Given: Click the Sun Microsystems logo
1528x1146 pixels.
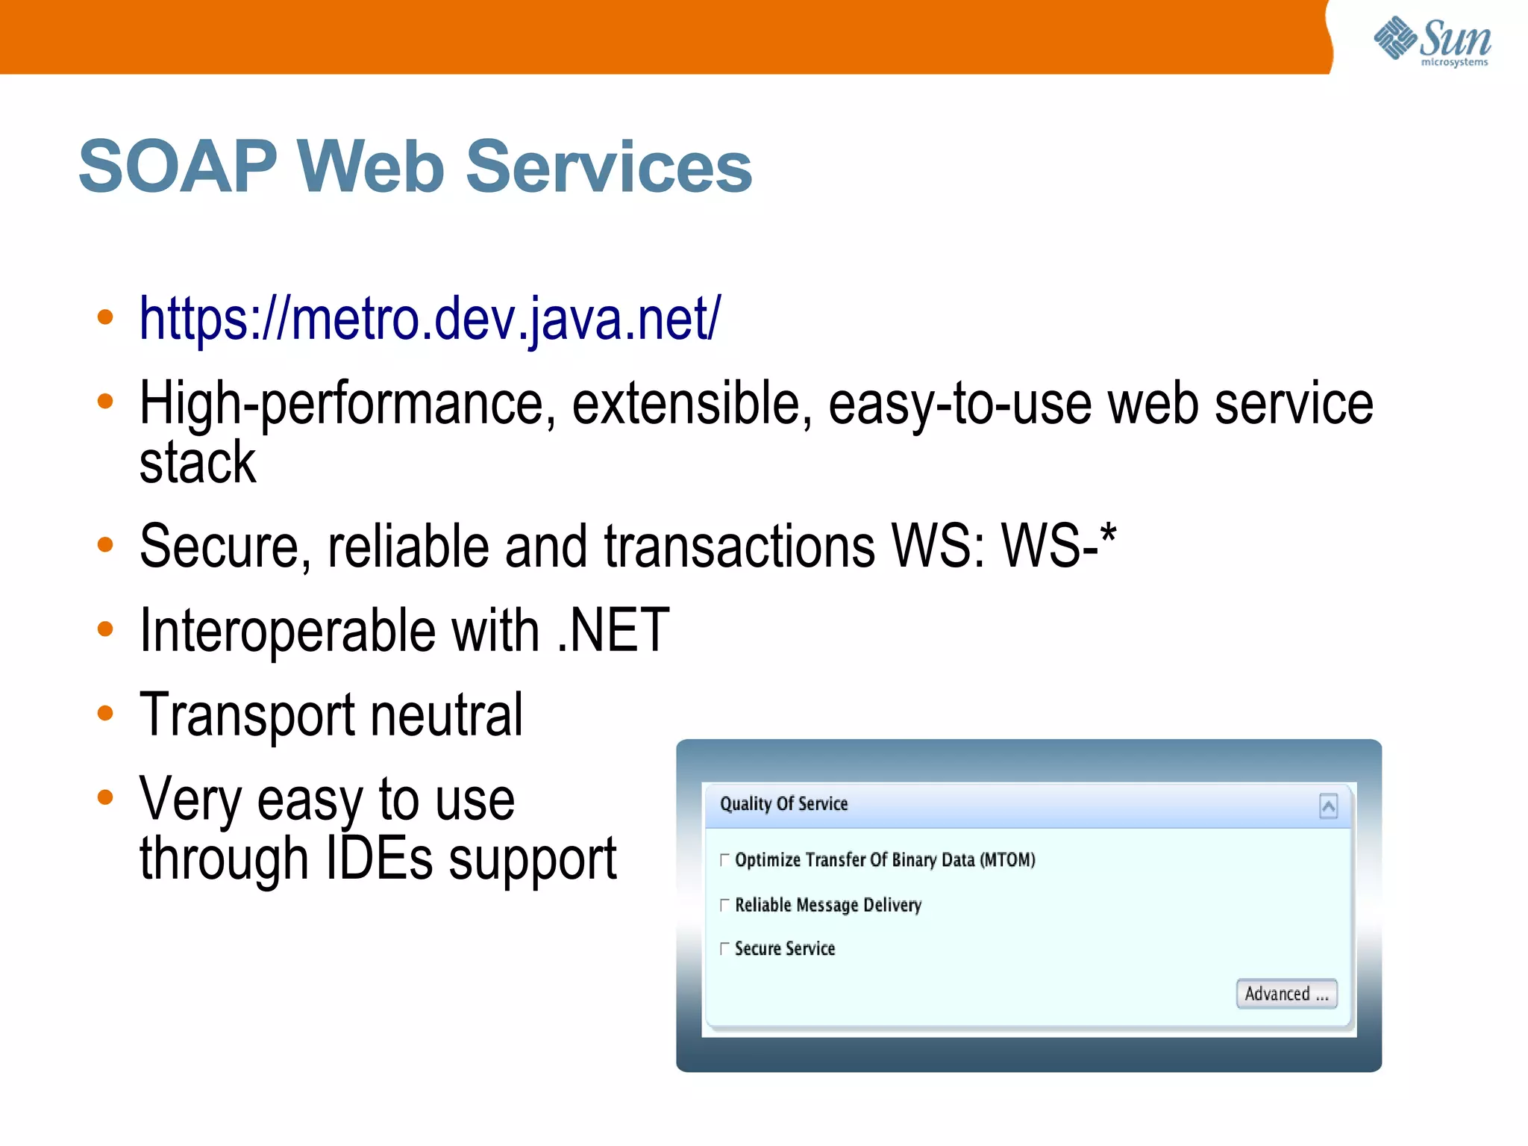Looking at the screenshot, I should (1432, 41).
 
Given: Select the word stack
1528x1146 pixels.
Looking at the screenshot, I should (198, 463).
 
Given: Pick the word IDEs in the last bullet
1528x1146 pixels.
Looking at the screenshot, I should (379, 859).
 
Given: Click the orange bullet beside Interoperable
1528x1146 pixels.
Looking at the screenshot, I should (105, 629).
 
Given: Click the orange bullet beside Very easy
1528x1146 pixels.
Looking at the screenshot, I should (105, 797).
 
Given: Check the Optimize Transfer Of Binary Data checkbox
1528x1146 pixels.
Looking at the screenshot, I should (724, 860).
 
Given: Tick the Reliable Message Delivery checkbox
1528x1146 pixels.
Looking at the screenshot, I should (724, 906).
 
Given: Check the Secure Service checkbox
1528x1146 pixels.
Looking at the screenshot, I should (724, 949).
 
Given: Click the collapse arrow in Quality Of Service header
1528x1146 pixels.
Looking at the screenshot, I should (1328, 806).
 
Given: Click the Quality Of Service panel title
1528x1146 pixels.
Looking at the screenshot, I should (783, 804).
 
